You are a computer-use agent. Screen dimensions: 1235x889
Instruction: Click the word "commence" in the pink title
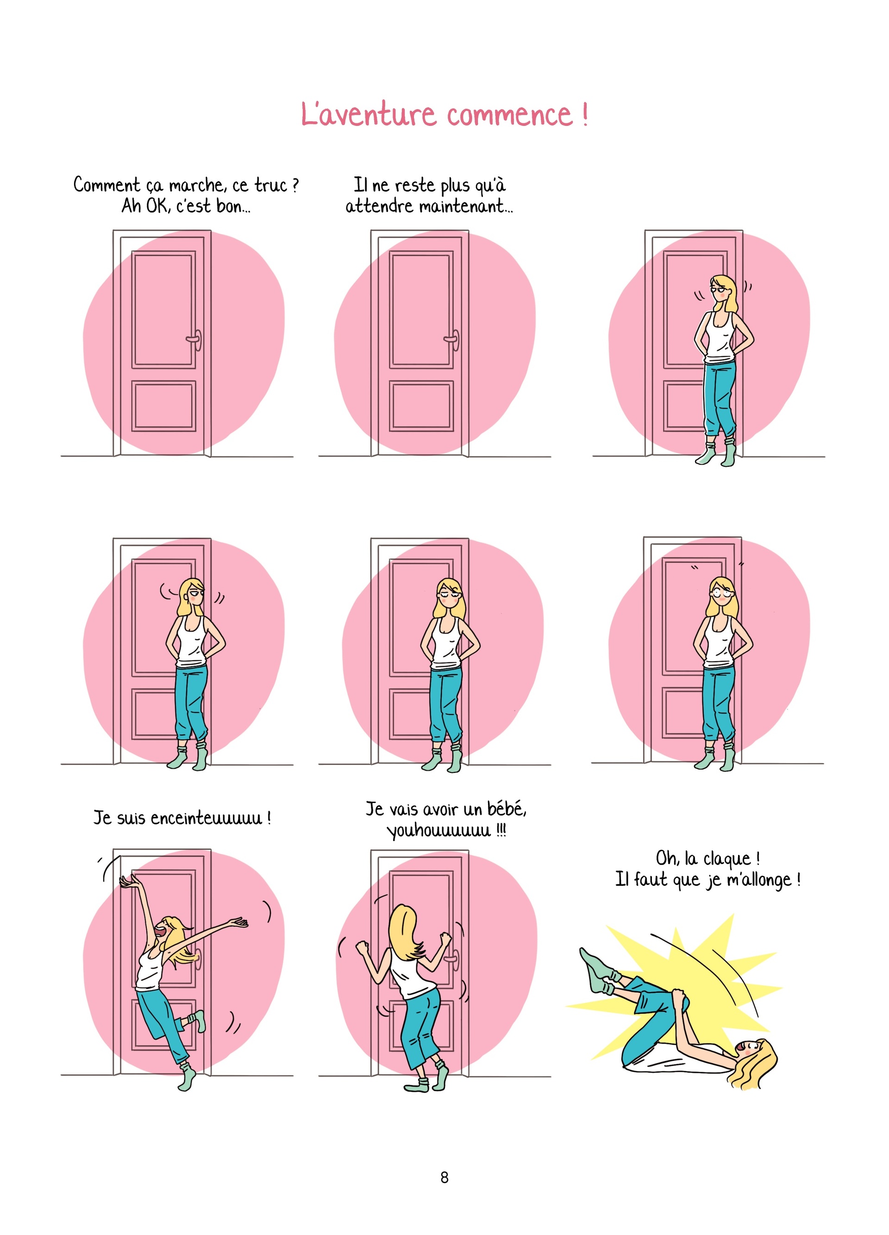[510, 115]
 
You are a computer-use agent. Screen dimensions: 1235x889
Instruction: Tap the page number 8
[444, 1177]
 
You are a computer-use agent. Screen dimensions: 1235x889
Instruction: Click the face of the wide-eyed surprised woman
[722, 592]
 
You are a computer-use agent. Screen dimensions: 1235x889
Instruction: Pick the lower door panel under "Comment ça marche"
[163, 406]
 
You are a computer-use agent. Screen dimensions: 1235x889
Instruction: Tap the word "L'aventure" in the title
[368, 115]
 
